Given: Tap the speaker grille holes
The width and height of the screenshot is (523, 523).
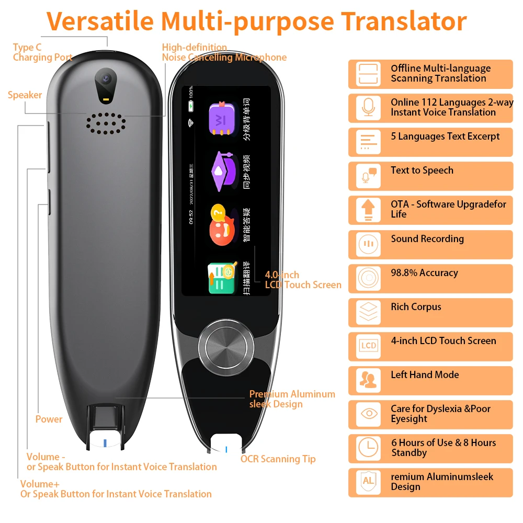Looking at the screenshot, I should pos(106,123).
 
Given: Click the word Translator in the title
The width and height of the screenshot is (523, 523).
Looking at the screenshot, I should pos(404,21).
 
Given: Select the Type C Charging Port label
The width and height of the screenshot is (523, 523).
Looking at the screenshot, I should pos(42,52).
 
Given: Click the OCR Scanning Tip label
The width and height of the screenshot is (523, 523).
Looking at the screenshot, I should pos(278,459).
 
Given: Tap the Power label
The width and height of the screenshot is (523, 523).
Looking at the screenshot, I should pos(49,419).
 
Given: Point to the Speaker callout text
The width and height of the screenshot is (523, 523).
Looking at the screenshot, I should pos(25,95).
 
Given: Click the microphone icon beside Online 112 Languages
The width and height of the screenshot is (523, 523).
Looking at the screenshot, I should pos(368,107).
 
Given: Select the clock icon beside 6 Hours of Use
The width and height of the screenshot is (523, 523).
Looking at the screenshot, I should pos(368,448).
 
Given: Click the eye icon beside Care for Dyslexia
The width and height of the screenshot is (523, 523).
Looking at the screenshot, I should pos(368,414).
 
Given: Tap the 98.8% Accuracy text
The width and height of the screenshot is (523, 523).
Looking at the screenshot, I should pos(424,273).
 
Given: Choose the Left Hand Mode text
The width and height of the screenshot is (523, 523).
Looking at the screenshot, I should pos(425,375).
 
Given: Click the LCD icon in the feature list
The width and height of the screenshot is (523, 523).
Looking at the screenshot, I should pos(368,346).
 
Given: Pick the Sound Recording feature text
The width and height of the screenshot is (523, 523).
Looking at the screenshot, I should pos(427,239).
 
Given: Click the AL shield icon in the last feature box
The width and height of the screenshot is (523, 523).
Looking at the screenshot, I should pos(368,482).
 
